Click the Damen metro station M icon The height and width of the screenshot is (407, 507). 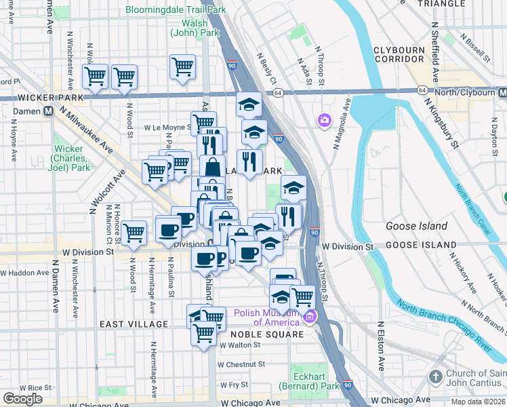point(49,111)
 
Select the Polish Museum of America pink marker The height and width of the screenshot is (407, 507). point(310,317)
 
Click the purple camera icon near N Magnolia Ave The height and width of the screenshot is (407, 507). point(325,121)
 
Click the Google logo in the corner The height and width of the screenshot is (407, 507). point(22,399)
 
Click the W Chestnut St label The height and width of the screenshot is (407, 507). point(241,364)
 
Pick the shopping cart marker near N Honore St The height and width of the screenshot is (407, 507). point(134,233)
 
